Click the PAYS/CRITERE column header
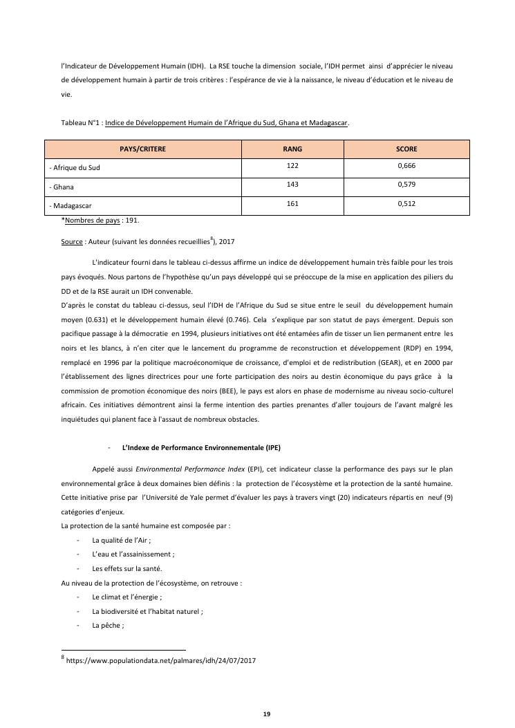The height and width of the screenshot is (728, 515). (142, 149)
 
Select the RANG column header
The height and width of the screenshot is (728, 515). (292, 149)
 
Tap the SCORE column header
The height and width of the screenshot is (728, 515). (406, 149)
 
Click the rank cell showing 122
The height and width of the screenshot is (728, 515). (292, 166)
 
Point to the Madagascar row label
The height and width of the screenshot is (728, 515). (71, 206)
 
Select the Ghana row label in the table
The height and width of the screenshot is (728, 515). (62, 187)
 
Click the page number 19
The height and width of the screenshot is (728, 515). (266, 713)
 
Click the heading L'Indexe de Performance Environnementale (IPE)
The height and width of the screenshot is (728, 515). (201, 447)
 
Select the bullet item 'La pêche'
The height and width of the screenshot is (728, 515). (108, 625)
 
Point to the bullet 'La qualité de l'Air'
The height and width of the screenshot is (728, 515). (121, 540)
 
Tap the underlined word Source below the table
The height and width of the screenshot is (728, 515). (72, 242)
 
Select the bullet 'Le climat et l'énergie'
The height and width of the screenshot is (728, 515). (127, 597)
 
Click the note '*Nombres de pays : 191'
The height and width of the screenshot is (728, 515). (100, 220)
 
